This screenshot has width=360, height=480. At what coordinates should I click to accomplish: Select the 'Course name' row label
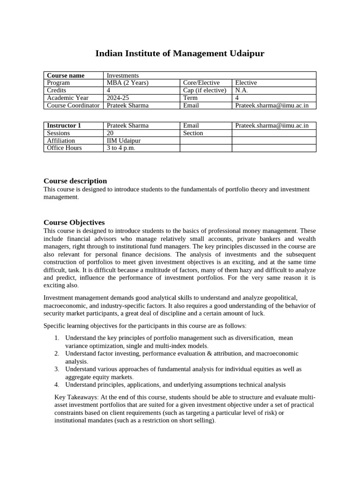(66, 75)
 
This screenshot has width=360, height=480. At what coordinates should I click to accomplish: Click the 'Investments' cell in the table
(123, 75)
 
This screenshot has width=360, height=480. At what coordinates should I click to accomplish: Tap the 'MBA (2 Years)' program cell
(127, 83)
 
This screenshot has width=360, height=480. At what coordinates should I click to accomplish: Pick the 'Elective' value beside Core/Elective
(246, 83)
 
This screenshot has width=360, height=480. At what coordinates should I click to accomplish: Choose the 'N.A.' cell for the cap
(241, 90)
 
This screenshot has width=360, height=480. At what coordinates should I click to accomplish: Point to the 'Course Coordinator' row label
(73, 105)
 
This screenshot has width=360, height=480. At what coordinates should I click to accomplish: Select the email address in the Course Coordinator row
(272, 105)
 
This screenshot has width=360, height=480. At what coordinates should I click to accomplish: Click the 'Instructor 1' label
(64, 126)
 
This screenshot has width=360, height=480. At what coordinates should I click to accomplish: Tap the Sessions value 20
(110, 133)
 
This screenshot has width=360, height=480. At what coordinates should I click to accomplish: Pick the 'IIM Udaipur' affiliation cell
(124, 141)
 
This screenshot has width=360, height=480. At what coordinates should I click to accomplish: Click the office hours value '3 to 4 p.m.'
(121, 148)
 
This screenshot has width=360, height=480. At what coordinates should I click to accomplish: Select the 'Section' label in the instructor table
(193, 133)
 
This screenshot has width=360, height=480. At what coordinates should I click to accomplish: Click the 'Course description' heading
(75, 181)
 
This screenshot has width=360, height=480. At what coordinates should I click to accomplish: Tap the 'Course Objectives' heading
(74, 222)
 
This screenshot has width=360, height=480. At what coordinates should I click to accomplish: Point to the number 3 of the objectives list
(56, 369)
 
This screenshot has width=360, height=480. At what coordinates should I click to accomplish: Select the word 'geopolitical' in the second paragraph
(281, 298)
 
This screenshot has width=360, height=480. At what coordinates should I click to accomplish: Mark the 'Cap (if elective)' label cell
(204, 90)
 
